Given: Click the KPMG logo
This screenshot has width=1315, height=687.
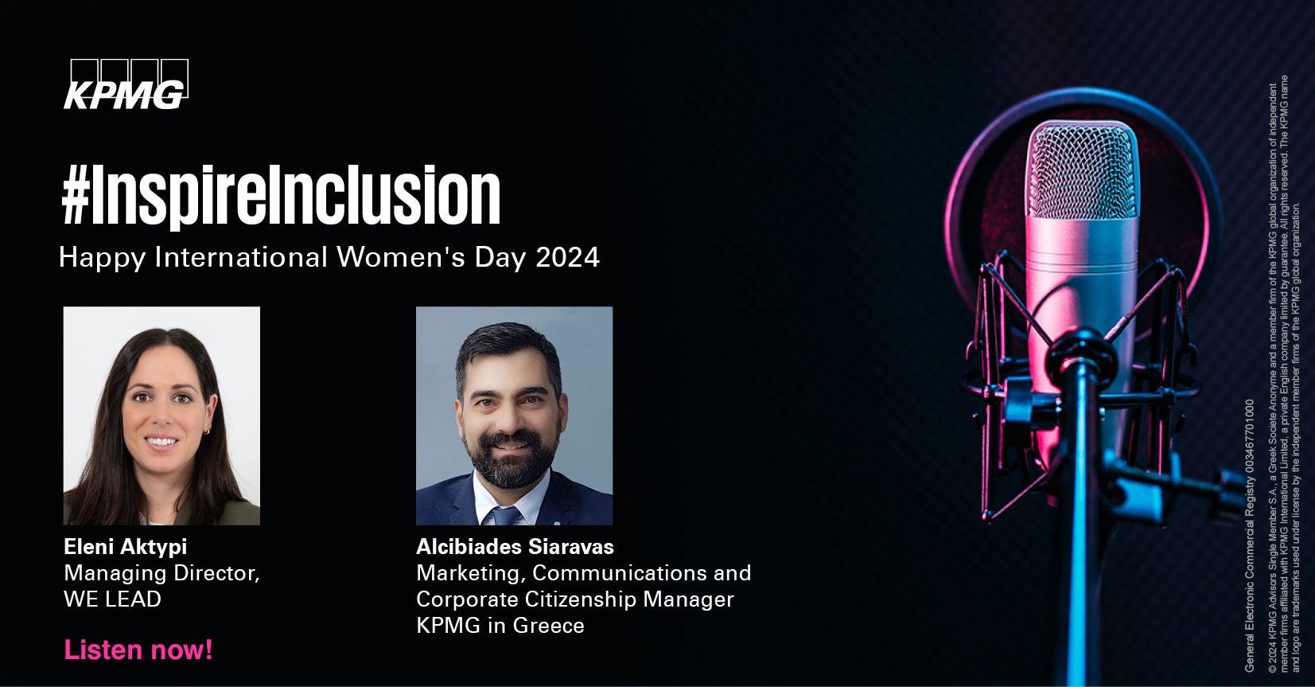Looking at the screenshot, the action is [126, 84].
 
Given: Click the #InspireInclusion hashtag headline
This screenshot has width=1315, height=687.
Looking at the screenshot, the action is [281, 195].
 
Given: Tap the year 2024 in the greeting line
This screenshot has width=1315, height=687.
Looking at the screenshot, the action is [567, 257].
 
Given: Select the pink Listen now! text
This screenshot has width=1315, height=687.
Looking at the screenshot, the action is [138, 650].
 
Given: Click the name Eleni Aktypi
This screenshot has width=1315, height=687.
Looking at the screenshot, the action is [125, 547].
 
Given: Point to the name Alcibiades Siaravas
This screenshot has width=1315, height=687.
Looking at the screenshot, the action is [515, 547].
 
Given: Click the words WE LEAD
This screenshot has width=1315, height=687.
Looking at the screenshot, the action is [112, 599].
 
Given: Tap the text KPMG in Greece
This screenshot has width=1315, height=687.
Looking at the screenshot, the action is [500, 625].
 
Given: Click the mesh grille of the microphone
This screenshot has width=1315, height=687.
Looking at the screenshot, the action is [1082, 170].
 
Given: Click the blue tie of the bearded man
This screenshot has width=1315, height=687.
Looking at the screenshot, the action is [505, 515].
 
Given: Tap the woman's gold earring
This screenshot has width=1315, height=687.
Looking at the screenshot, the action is [207, 431].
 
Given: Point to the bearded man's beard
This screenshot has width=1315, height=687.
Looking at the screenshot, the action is [510, 459].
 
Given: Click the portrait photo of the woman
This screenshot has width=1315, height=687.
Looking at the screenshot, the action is [161, 416].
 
